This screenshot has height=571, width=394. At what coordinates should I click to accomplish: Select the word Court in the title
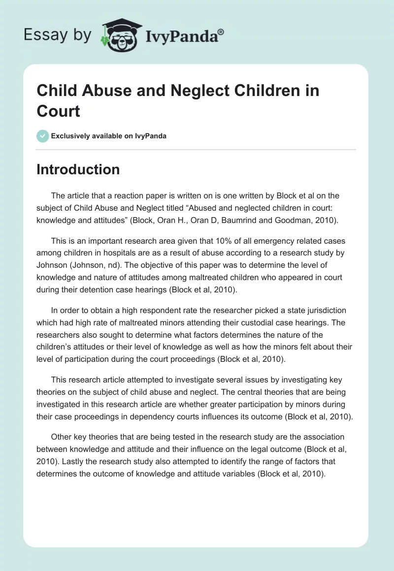(58, 111)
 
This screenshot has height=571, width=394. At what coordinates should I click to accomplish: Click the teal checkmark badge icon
(43, 136)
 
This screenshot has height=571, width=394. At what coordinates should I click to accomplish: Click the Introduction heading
(78, 169)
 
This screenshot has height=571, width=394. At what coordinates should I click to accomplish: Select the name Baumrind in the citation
(252, 220)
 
